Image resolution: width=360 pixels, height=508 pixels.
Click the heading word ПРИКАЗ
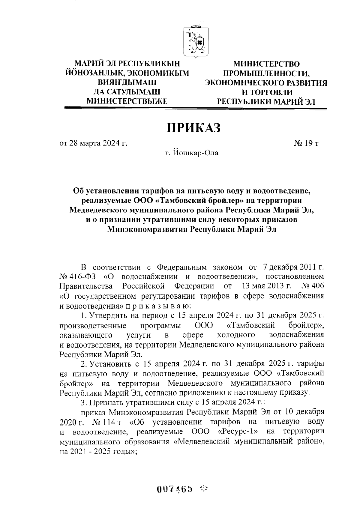coord(193,128)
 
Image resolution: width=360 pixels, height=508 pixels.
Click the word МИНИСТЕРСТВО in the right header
coord(266,64)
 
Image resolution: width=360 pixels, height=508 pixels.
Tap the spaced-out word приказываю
coord(159,306)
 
